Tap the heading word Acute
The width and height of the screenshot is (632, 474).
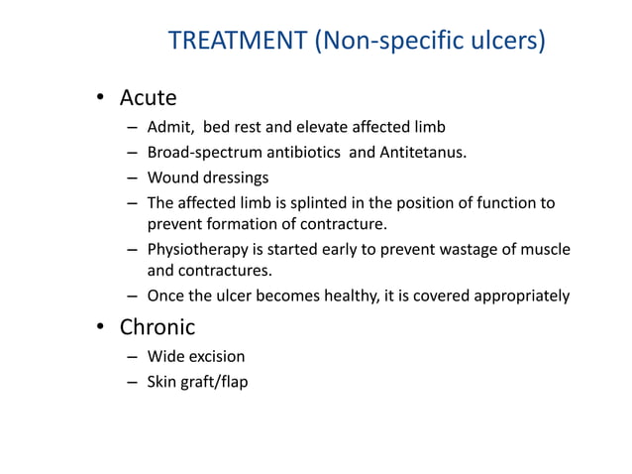pos(148,98)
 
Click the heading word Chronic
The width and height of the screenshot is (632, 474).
pos(158,326)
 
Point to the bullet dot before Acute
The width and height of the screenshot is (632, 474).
pos(99,99)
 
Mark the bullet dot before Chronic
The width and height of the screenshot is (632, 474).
pos(99,327)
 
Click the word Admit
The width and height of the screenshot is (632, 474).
pos(169,127)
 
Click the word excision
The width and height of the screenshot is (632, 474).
pos(217,356)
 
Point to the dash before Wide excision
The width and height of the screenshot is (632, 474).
pos(132,357)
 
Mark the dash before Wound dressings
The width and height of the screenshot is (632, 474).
pos(132,179)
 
